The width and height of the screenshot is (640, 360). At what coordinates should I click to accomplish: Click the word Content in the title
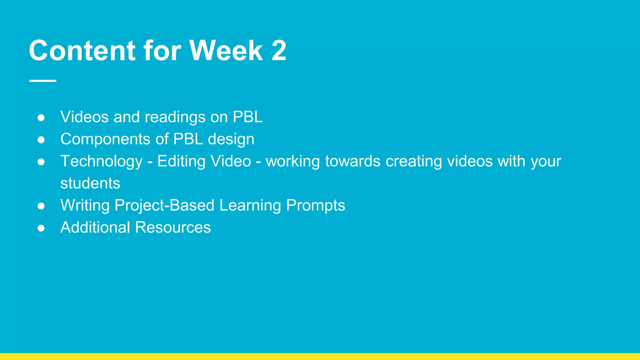tap(82, 50)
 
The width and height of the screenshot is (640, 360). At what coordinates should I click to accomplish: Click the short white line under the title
tap(43, 81)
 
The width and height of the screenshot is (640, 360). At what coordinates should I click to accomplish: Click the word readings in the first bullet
tap(175, 117)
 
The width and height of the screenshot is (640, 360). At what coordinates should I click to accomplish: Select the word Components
tap(105, 139)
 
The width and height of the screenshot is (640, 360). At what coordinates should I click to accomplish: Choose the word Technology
tap(102, 162)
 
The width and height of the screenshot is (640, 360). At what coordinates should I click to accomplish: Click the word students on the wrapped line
tap(90, 183)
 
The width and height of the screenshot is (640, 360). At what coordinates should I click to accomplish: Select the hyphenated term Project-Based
tap(164, 206)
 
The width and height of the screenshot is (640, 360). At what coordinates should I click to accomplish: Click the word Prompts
tap(316, 206)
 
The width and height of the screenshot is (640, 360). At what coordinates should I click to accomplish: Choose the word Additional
tap(95, 227)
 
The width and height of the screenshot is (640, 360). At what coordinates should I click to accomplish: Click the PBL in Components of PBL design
tap(188, 139)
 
